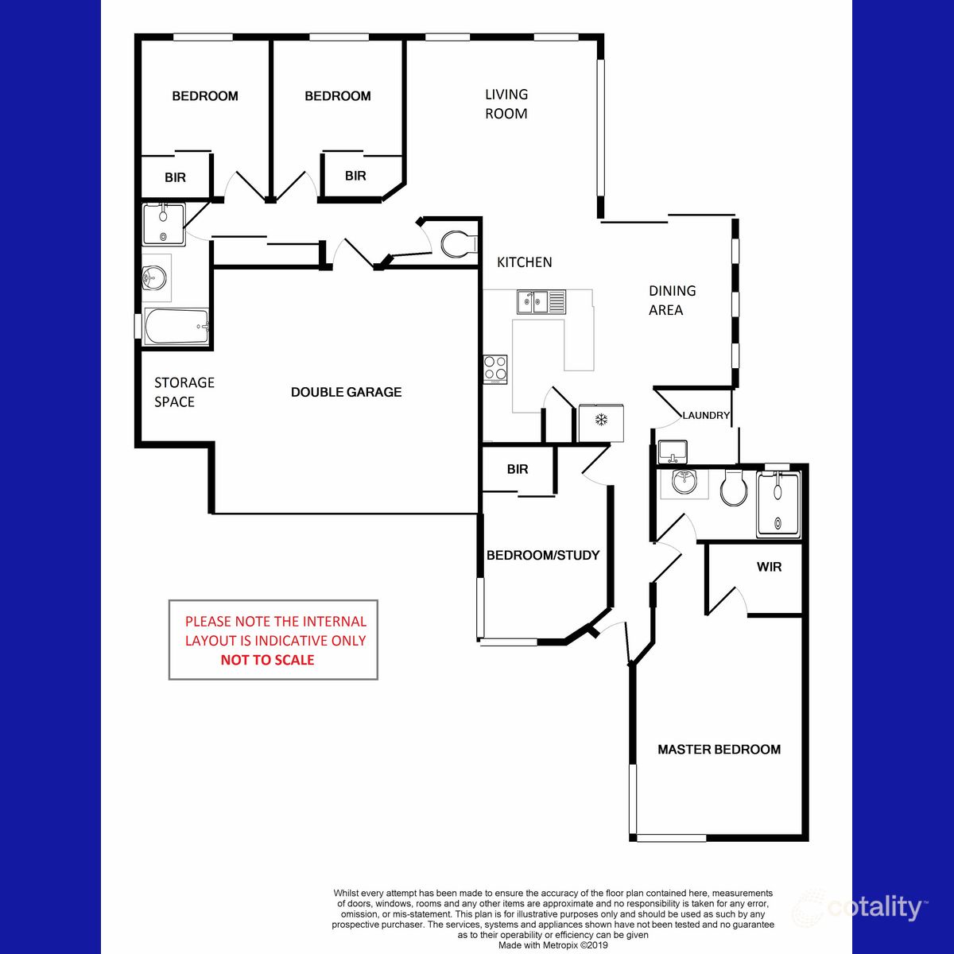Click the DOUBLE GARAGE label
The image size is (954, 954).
point(346,392)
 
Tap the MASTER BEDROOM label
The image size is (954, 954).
point(719,749)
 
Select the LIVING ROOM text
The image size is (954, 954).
point(506,104)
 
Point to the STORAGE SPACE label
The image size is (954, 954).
point(184,392)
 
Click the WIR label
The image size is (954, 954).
point(769,567)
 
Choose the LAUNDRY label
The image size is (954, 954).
point(706,415)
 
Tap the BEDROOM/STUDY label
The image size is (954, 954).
point(543,555)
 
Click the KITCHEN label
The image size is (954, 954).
point(525,262)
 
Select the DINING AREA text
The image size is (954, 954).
point(672,301)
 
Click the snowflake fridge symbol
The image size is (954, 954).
point(602,419)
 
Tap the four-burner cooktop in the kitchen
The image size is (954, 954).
point(496,367)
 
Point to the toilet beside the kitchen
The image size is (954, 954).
point(457,244)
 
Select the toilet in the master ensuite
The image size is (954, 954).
point(733,487)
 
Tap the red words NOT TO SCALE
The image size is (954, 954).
point(267,660)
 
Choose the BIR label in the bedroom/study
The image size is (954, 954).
point(518,469)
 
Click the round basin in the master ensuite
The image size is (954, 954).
point(684,482)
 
